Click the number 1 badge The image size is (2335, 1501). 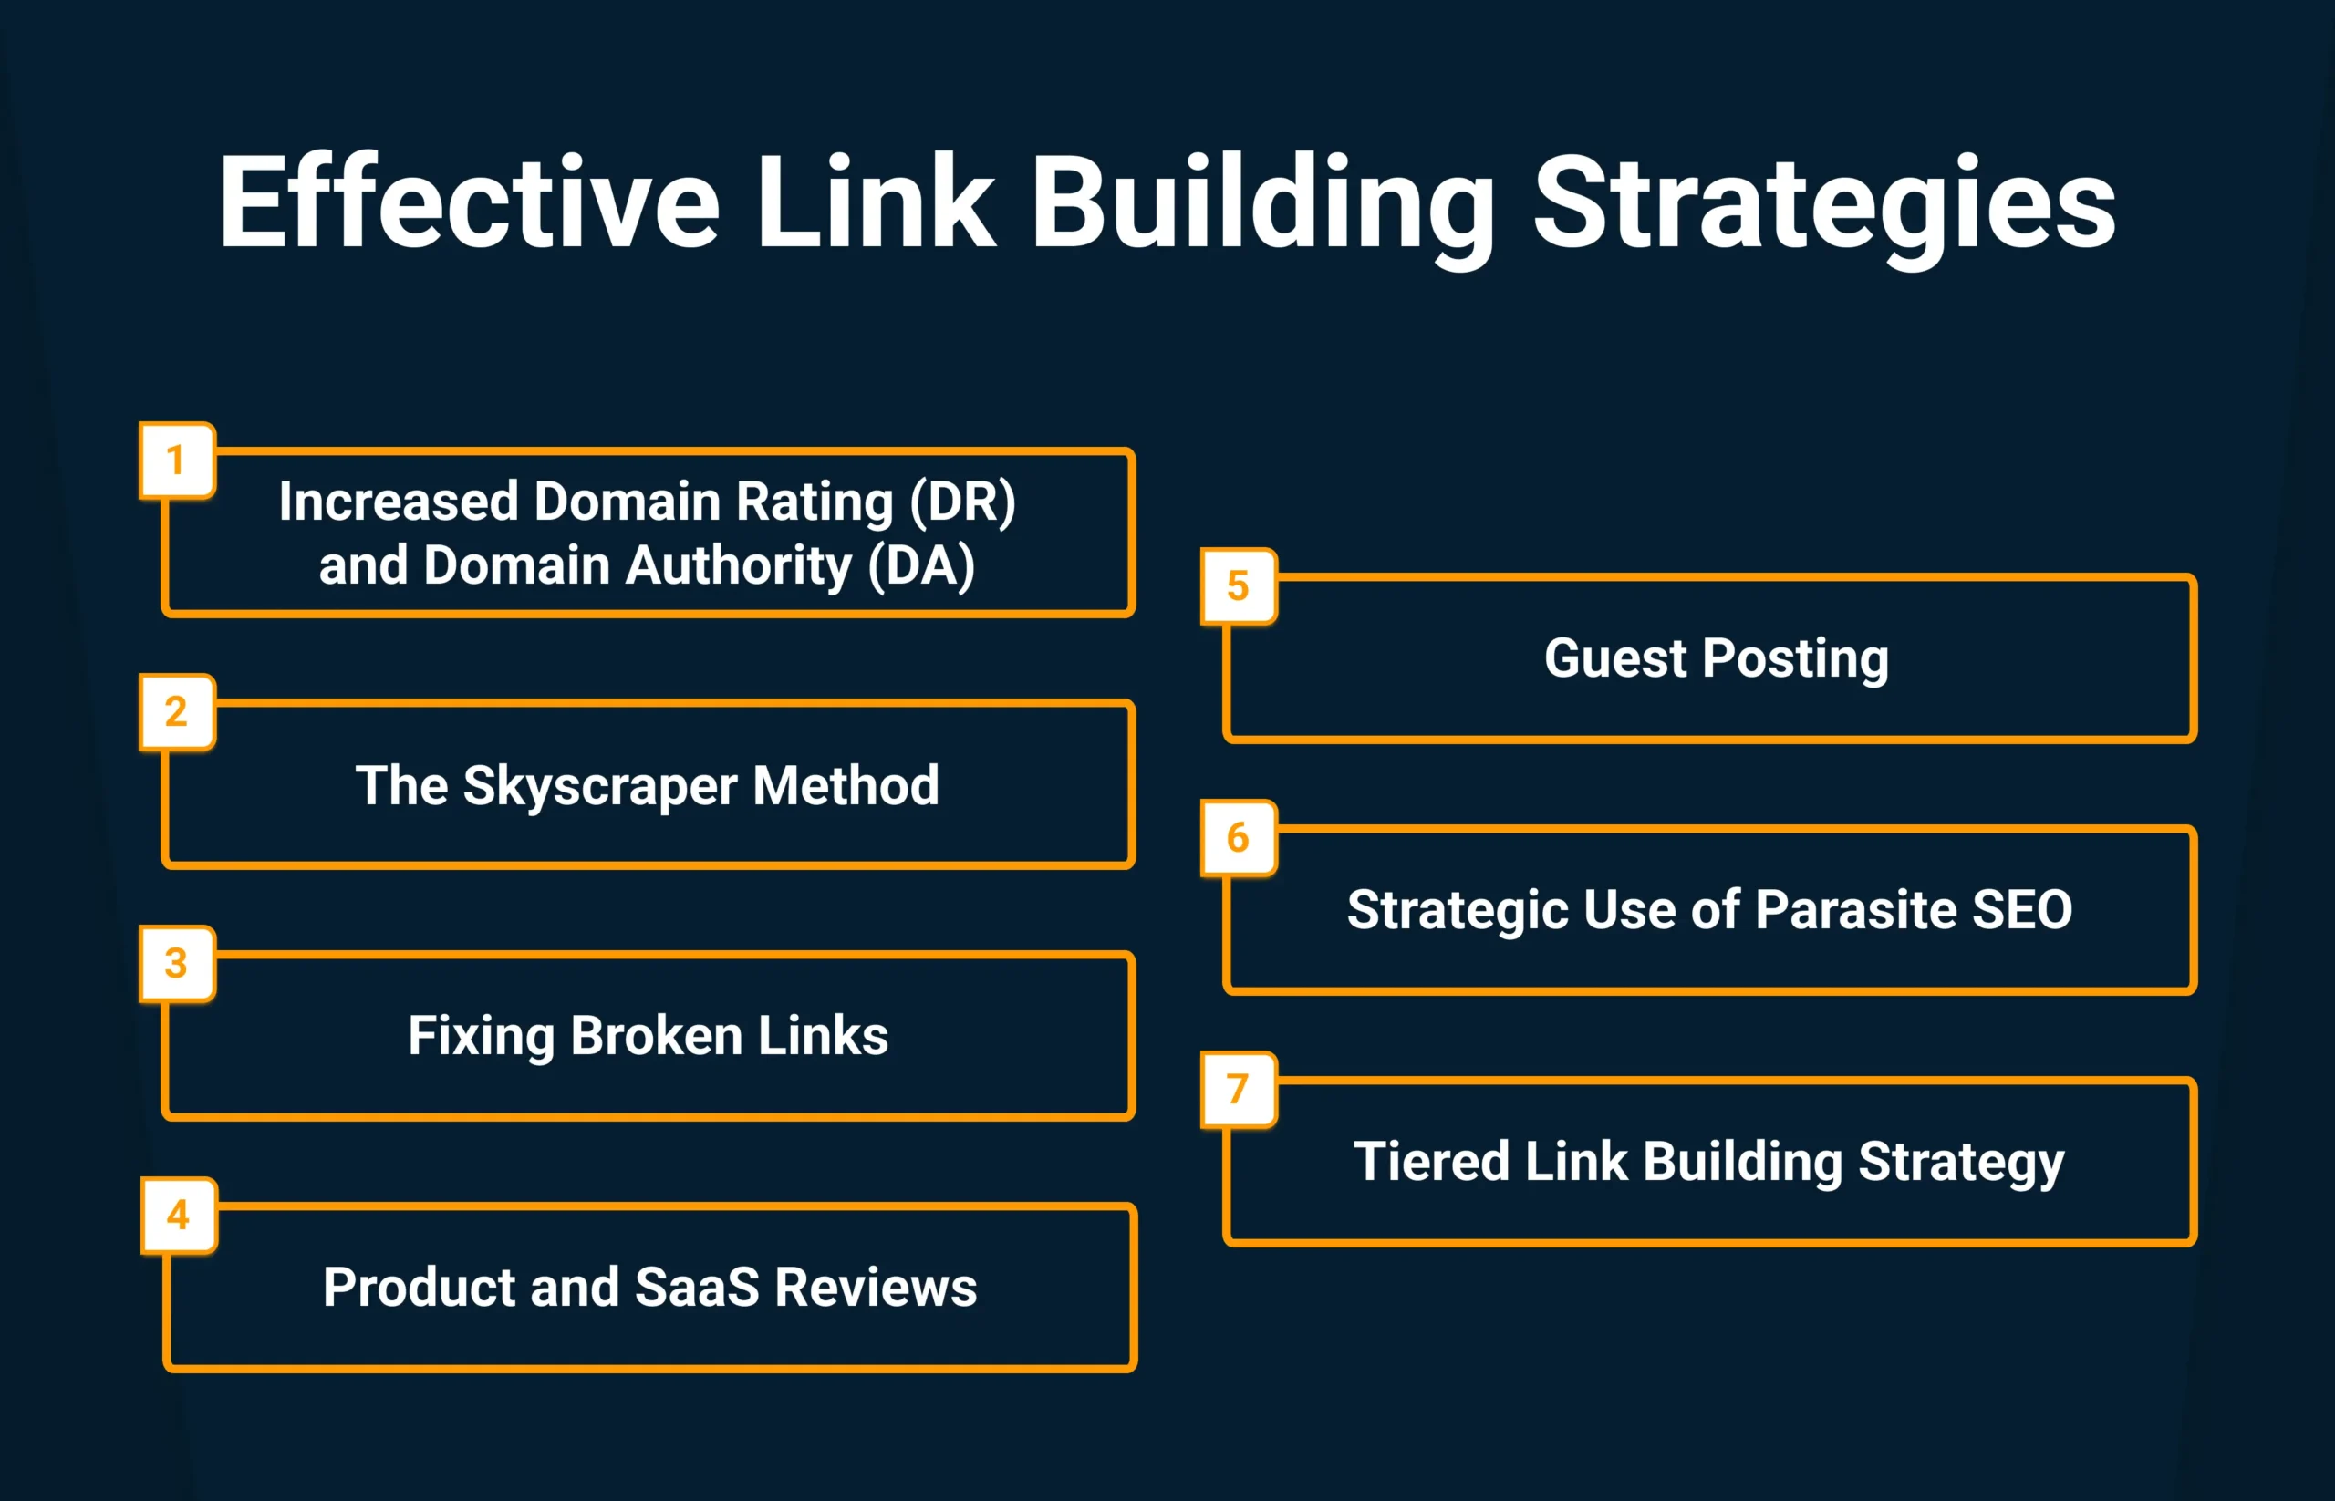point(176,460)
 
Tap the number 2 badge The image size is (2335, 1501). point(176,711)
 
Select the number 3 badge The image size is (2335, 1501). point(176,963)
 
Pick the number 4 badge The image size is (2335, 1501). point(179,1215)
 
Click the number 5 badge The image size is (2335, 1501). point(1238,585)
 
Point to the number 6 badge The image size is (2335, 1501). point(1238,837)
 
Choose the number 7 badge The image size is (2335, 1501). point(1238,1089)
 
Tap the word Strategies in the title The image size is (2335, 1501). point(1824,204)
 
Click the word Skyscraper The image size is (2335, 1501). point(599,785)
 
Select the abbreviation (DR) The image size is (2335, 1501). point(962,502)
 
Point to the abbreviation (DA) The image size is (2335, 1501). point(921,566)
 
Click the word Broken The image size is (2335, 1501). point(656,1035)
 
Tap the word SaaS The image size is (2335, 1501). point(696,1287)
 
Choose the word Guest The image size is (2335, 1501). point(1615,657)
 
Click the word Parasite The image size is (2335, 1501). point(1856,909)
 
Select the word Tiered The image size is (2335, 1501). point(1432,1161)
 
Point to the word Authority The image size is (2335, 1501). point(739,566)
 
